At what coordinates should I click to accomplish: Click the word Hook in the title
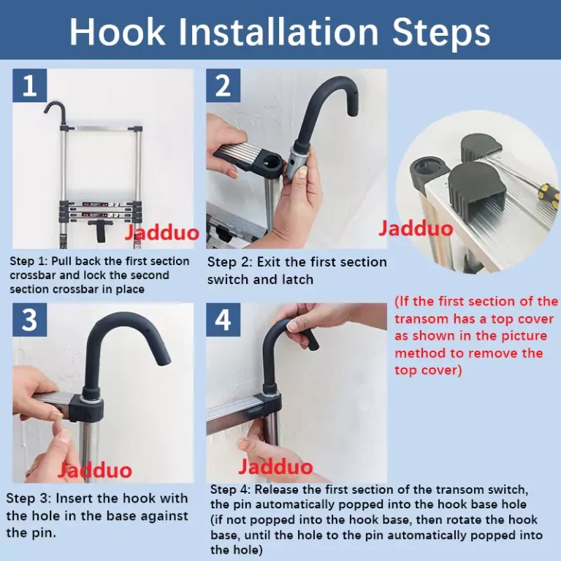118,31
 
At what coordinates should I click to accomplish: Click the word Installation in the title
278,31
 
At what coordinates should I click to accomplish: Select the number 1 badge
30,85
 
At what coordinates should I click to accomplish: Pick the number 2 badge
223,85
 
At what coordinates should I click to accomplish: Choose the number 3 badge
30,319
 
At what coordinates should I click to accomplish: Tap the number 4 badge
223,319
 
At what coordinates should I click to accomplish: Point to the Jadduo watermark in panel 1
161,232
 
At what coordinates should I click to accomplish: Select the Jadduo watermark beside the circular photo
416,228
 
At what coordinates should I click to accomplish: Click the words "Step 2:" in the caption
229,262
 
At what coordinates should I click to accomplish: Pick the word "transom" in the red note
421,318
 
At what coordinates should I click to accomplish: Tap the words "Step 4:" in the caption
230,489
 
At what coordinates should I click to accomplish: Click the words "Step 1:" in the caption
28,262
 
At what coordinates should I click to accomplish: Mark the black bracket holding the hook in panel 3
86,407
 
